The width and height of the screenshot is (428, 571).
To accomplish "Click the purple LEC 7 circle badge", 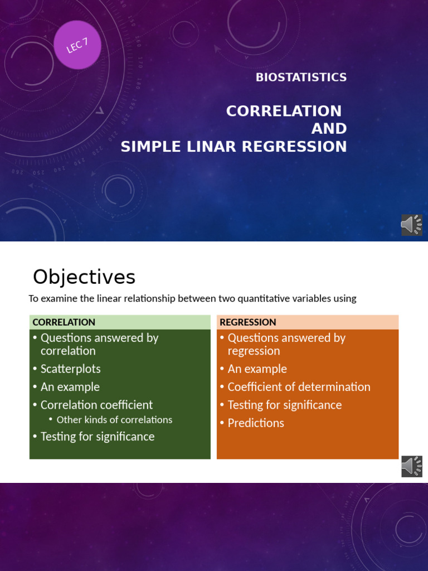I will [77, 45].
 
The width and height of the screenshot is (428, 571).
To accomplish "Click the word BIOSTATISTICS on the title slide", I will [301, 78].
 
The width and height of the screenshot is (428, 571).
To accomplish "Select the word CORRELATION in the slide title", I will [284, 111].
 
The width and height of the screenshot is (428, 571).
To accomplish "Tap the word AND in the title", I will [329, 129].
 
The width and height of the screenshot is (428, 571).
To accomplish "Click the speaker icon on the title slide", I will [411, 225].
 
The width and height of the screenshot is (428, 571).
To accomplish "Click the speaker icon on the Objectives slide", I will [411, 466].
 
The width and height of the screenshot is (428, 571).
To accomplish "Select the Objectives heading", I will [84, 277].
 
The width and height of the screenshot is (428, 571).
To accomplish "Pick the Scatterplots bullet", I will [70, 369].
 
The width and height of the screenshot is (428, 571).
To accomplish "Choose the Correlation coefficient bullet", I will [96, 405].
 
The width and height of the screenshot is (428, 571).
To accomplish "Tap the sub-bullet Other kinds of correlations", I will [114, 420].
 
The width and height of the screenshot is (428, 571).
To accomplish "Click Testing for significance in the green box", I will [98, 437].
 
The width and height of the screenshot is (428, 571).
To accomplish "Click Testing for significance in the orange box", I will [284, 405].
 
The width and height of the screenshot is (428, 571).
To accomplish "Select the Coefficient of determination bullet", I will [299, 387].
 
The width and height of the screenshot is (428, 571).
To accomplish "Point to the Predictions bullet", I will [256, 423].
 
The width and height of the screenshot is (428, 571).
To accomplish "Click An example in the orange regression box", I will [257, 369].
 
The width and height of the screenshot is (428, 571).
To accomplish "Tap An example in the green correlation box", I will [70, 387].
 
